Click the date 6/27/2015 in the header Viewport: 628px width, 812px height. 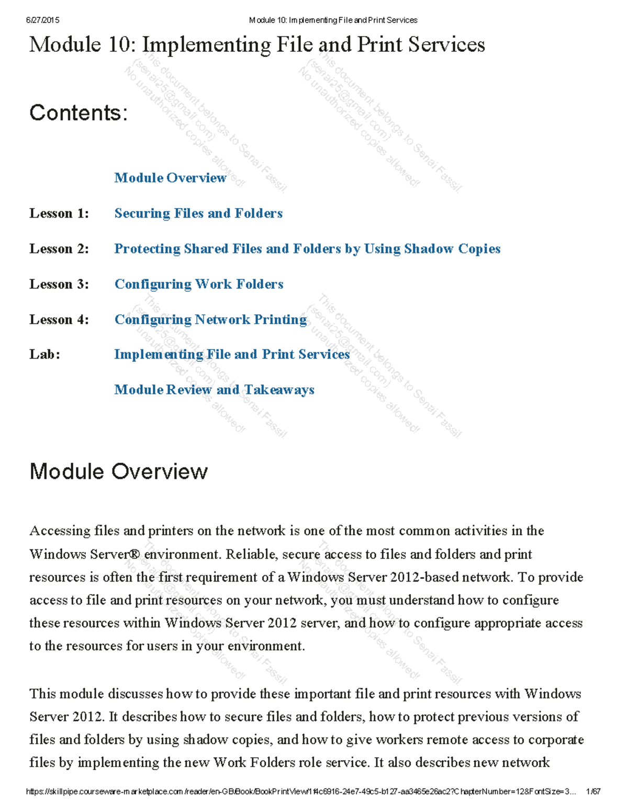pos(42,20)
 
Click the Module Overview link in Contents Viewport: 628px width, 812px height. pos(170,178)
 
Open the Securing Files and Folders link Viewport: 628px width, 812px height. pos(198,213)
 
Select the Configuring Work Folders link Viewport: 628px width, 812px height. pos(199,284)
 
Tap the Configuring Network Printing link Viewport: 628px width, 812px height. pos(210,319)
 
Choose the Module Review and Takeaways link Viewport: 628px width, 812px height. pos(214,390)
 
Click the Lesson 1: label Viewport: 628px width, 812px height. pos(59,213)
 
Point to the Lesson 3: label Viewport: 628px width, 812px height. pos(59,284)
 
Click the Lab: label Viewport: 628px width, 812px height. pos(44,354)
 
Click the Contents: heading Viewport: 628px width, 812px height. pos(78,113)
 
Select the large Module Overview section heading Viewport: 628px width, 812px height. pos(119,471)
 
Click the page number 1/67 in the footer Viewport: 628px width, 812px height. pos(593,792)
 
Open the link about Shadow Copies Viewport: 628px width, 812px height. pos(307,249)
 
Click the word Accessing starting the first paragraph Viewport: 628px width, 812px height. pos(60,531)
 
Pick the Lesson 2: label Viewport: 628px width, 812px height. pos(59,249)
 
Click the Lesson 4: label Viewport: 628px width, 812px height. pos(59,319)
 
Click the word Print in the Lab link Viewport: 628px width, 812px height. pos(278,354)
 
